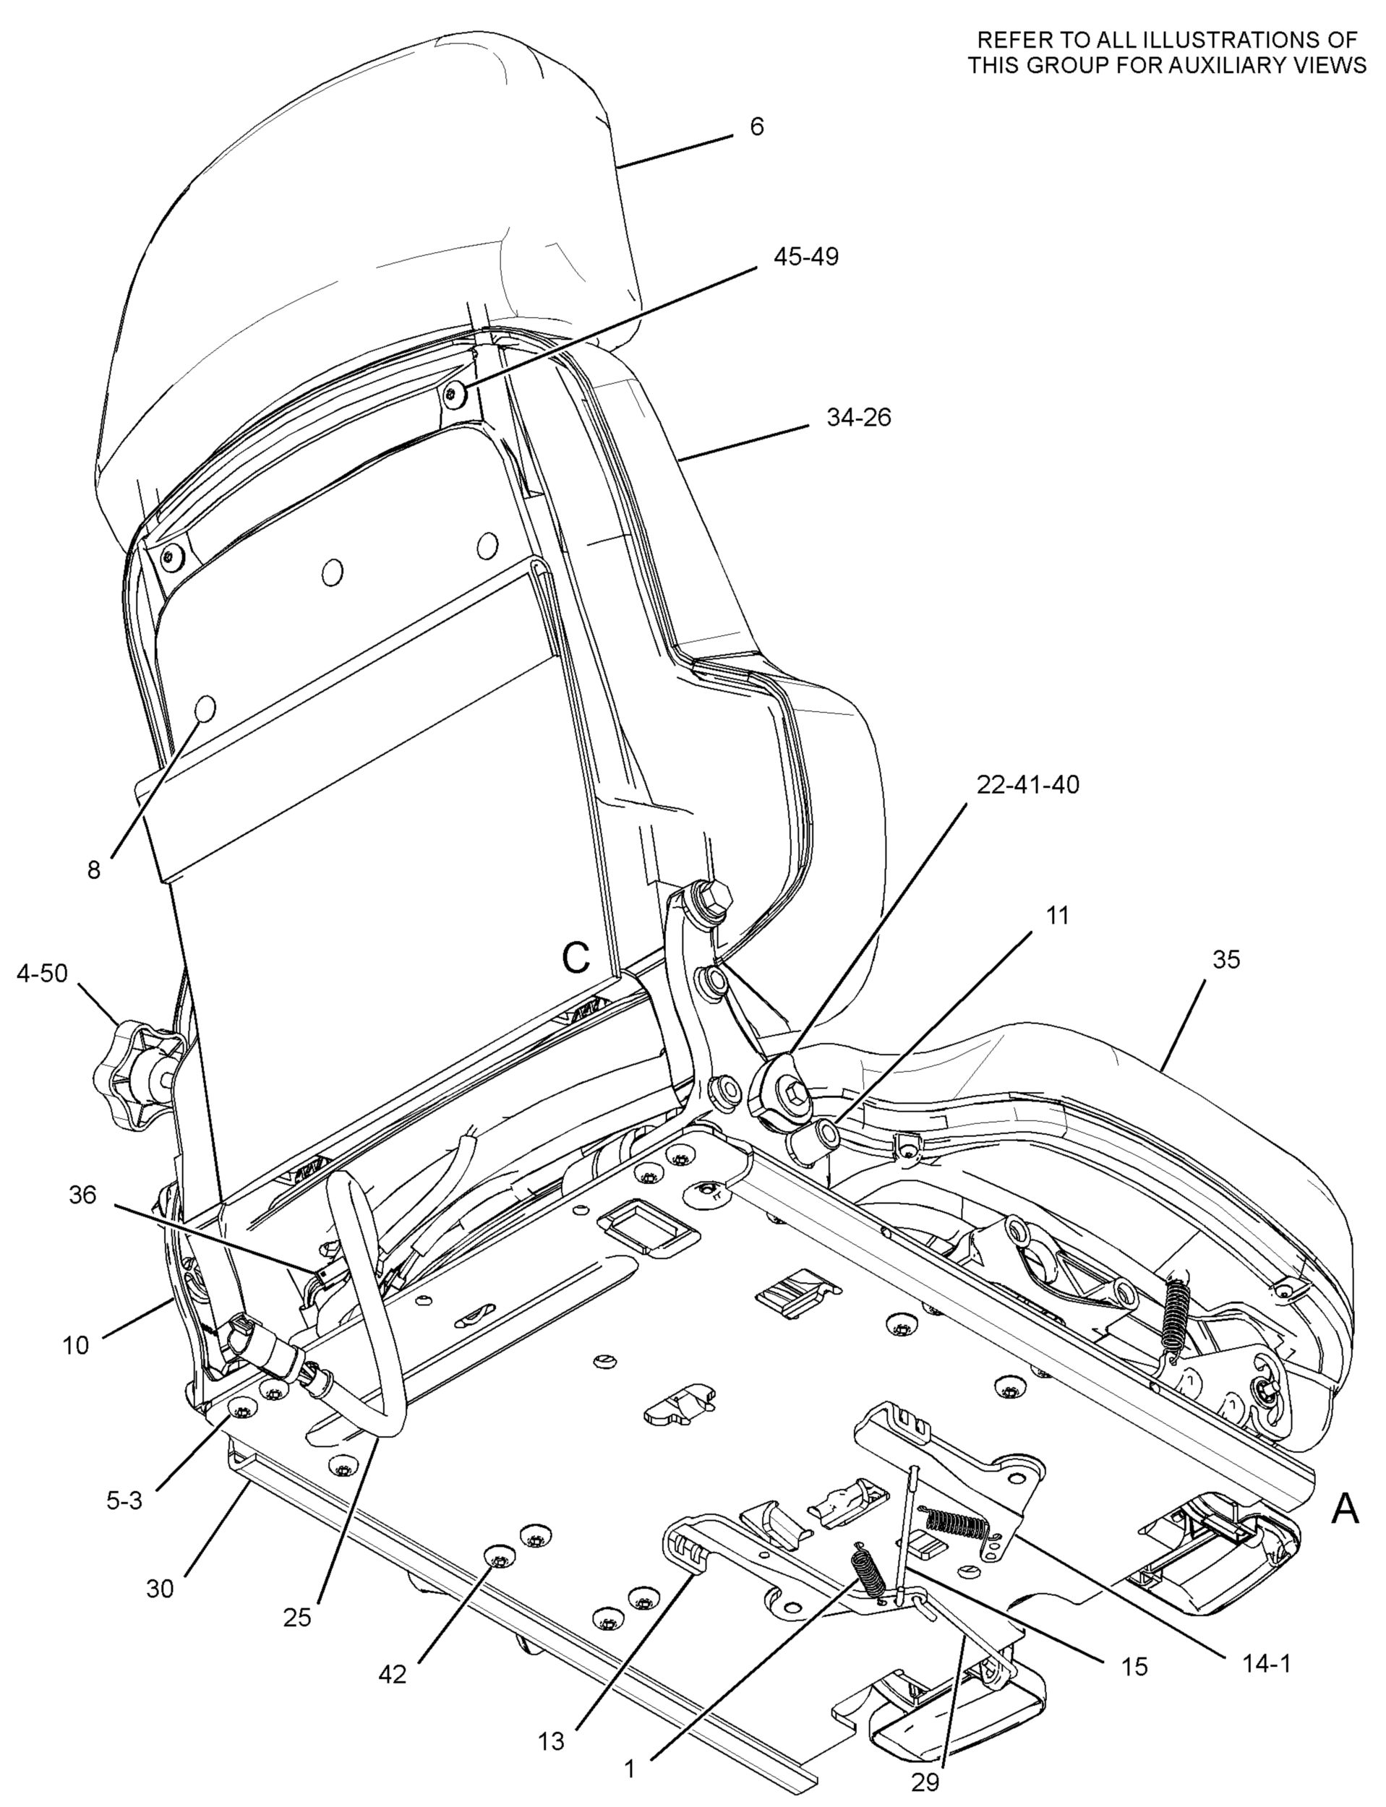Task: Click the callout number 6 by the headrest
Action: (x=756, y=127)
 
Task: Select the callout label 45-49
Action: (x=805, y=257)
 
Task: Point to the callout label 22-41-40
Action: (x=1027, y=784)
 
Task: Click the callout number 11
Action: (x=1057, y=916)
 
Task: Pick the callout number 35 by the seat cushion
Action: (x=1226, y=960)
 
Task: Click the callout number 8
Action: (x=94, y=870)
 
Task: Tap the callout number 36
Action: (x=82, y=1195)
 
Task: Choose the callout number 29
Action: (x=925, y=1778)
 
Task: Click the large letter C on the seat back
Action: (x=576, y=958)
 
